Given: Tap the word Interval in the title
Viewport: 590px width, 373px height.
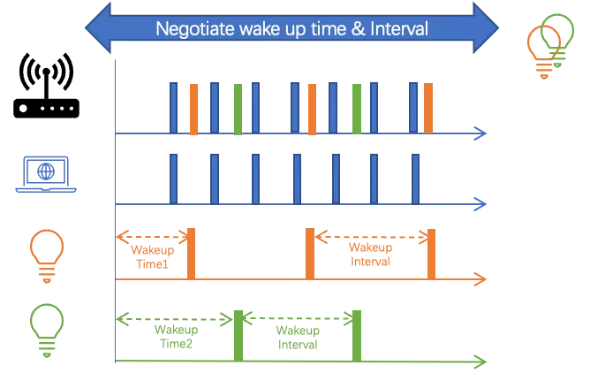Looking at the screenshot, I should (396, 29).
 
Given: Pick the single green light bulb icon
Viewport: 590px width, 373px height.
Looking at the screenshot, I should (44, 328).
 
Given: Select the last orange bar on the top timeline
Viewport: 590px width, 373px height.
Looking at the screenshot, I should (428, 109).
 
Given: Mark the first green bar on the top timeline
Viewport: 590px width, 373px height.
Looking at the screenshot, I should (238, 109).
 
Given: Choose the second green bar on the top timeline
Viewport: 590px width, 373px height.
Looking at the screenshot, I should (355, 109).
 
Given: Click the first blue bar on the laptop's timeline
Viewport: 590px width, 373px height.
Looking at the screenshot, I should (174, 179).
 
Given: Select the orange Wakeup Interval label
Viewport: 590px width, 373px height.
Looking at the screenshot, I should (371, 256).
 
